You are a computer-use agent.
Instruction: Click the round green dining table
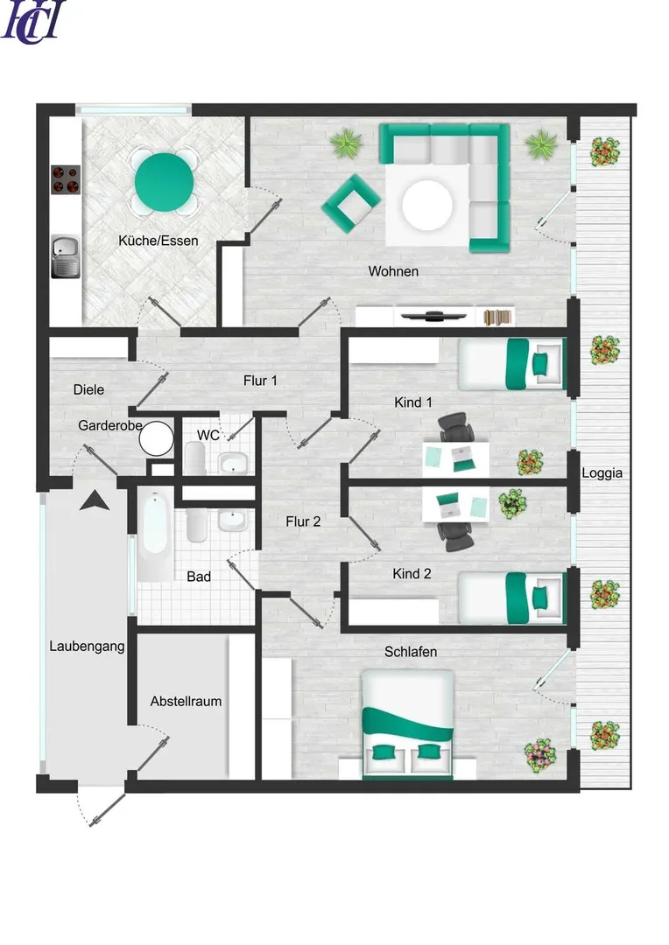(164, 182)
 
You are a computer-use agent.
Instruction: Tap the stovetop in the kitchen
(65, 179)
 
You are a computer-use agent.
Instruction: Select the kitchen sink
(65, 256)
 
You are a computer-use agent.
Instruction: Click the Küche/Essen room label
(158, 241)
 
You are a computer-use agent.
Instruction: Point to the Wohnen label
(393, 271)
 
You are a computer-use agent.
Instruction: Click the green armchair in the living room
(350, 204)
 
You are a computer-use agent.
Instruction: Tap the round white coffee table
(427, 204)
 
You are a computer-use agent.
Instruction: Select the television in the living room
(433, 316)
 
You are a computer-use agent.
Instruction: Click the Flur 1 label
(260, 381)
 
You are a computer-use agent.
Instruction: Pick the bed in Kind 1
(511, 363)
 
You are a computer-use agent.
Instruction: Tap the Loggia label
(602, 473)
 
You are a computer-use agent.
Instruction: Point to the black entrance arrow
(95, 500)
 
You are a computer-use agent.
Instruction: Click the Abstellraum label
(186, 702)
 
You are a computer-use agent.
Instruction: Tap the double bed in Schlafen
(407, 724)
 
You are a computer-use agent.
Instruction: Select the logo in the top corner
(33, 22)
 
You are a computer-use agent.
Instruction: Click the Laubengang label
(87, 647)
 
